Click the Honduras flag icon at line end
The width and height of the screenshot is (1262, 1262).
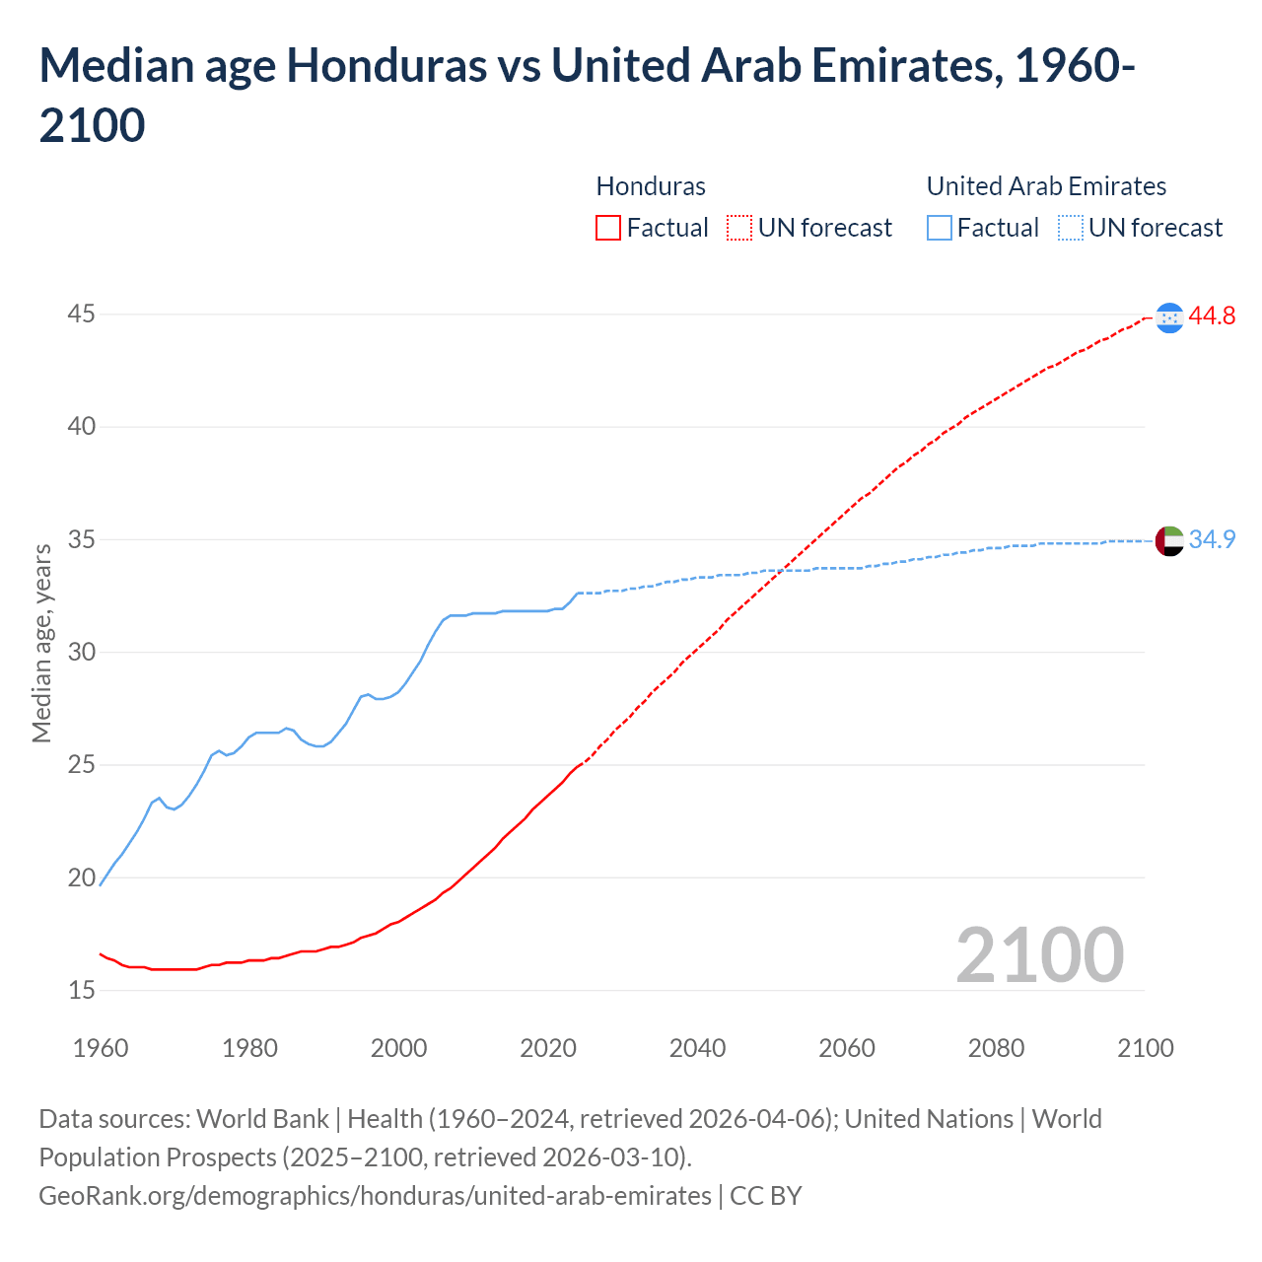(1169, 317)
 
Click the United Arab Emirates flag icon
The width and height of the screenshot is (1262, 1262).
(1169, 541)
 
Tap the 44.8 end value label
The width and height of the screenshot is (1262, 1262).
(1212, 316)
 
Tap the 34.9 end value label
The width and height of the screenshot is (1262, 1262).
(1212, 540)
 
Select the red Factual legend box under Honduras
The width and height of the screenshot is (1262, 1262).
(608, 228)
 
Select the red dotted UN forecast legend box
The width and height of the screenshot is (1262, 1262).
(739, 228)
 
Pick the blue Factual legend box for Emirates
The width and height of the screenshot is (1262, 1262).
(940, 228)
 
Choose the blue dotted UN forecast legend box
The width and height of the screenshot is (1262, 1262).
(1070, 228)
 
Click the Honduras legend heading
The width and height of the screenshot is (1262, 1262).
(651, 186)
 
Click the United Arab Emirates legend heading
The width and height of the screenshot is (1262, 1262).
(1046, 186)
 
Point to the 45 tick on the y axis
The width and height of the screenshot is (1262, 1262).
(82, 315)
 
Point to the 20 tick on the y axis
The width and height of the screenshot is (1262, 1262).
(82, 877)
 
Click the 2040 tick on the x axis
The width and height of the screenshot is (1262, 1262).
(697, 1048)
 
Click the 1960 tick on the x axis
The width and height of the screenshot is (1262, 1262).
(101, 1048)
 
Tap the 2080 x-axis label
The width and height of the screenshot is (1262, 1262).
(996, 1048)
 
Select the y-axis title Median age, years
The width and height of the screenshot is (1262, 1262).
(41, 643)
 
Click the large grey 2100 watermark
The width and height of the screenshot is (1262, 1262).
(1039, 954)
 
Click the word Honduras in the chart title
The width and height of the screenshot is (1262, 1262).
(386, 66)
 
